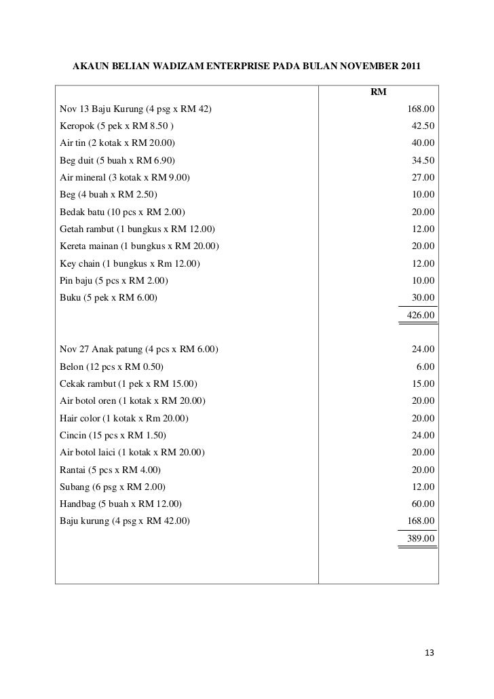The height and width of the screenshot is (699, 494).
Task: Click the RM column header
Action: click(x=378, y=92)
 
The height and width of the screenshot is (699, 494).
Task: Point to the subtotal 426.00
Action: click(x=420, y=316)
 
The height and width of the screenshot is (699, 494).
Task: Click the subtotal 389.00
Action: click(x=420, y=538)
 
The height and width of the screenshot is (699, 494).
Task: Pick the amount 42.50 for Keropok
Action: click(x=423, y=126)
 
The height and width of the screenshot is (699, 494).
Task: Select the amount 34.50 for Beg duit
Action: click(x=423, y=160)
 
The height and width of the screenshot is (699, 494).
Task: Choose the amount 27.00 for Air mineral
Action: click(x=423, y=178)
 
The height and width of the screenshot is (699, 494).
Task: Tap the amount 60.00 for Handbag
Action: click(x=423, y=504)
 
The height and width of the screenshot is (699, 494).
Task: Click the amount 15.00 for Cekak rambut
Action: click(x=423, y=384)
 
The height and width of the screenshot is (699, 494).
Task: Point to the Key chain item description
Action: click(x=130, y=264)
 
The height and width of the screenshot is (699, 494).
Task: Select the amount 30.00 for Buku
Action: click(x=423, y=298)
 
